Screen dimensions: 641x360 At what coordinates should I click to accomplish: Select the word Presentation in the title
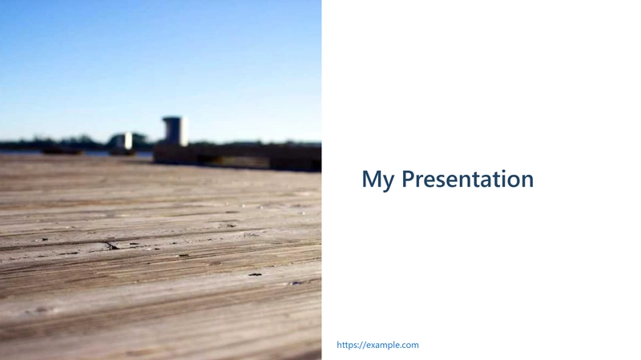pyautogui.click(x=468, y=179)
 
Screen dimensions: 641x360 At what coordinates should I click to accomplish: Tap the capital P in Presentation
pyautogui.click(x=409, y=179)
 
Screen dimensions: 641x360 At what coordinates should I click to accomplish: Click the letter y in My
pyautogui.click(x=389, y=183)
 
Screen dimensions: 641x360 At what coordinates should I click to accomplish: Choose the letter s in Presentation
pyautogui.click(x=445, y=182)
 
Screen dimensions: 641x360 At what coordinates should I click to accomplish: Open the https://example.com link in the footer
pyautogui.click(x=377, y=345)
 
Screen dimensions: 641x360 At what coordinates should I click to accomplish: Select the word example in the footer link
pyautogui.click(x=384, y=345)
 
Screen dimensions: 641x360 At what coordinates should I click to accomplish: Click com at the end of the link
pyautogui.click(x=411, y=346)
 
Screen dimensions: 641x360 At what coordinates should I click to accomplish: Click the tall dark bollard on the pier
pyautogui.click(x=175, y=131)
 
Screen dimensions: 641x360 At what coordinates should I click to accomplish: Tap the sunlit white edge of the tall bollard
pyautogui.click(x=184, y=131)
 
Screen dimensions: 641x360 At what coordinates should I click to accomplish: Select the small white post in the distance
pyautogui.click(x=128, y=141)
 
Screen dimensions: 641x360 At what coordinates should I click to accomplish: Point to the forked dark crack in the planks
pyautogui.click(x=111, y=245)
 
